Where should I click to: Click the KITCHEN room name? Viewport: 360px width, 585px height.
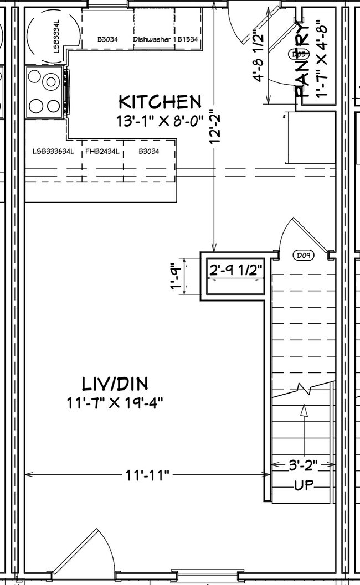(x=160, y=102)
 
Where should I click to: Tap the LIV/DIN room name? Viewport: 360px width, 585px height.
(x=115, y=384)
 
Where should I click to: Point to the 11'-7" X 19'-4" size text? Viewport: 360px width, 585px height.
(x=115, y=402)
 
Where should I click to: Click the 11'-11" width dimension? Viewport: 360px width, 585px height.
(x=147, y=474)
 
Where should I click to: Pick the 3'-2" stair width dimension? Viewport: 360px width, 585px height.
(x=303, y=466)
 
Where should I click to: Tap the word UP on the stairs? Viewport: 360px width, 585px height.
(x=304, y=486)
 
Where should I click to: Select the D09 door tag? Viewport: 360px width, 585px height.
(x=302, y=256)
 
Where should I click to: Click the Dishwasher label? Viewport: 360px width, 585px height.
(x=151, y=40)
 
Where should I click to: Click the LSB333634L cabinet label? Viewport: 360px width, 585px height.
(x=53, y=151)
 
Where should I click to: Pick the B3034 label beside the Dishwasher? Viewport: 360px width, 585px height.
(x=107, y=40)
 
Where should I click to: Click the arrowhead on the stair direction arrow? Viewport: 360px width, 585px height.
(x=304, y=410)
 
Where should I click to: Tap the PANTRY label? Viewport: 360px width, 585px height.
(x=303, y=61)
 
